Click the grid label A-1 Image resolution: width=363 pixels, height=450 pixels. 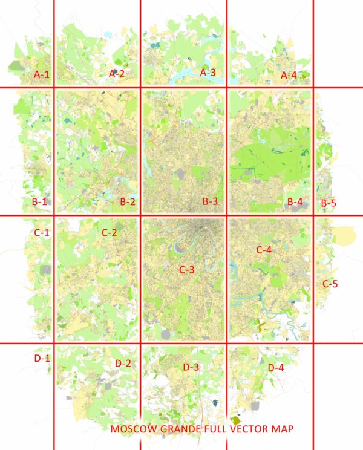(x=41, y=74)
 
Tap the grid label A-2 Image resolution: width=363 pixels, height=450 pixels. (x=116, y=74)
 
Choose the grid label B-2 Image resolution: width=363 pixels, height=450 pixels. (x=127, y=202)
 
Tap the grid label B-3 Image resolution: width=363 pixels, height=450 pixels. (x=210, y=201)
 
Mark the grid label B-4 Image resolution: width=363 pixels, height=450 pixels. (x=295, y=202)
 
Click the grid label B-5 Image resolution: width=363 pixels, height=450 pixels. (x=329, y=203)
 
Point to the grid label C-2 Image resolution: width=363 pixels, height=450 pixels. (x=109, y=232)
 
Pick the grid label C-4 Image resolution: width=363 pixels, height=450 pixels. (x=264, y=249)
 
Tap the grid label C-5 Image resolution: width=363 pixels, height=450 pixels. (x=330, y=283)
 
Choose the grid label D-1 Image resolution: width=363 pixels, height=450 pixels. (x=42, y=359)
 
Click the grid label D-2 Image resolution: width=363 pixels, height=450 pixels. (x=123, y=364)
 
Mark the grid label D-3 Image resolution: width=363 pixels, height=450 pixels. (x=191, y=367)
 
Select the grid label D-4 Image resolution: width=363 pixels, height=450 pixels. (x=275, y=367)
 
